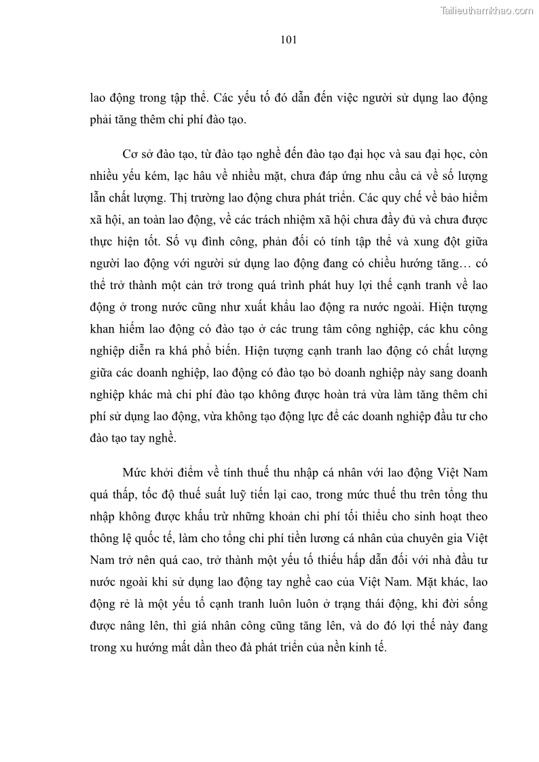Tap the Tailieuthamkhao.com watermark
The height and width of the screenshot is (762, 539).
[487, 10]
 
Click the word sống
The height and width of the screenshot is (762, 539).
[474, 605]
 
